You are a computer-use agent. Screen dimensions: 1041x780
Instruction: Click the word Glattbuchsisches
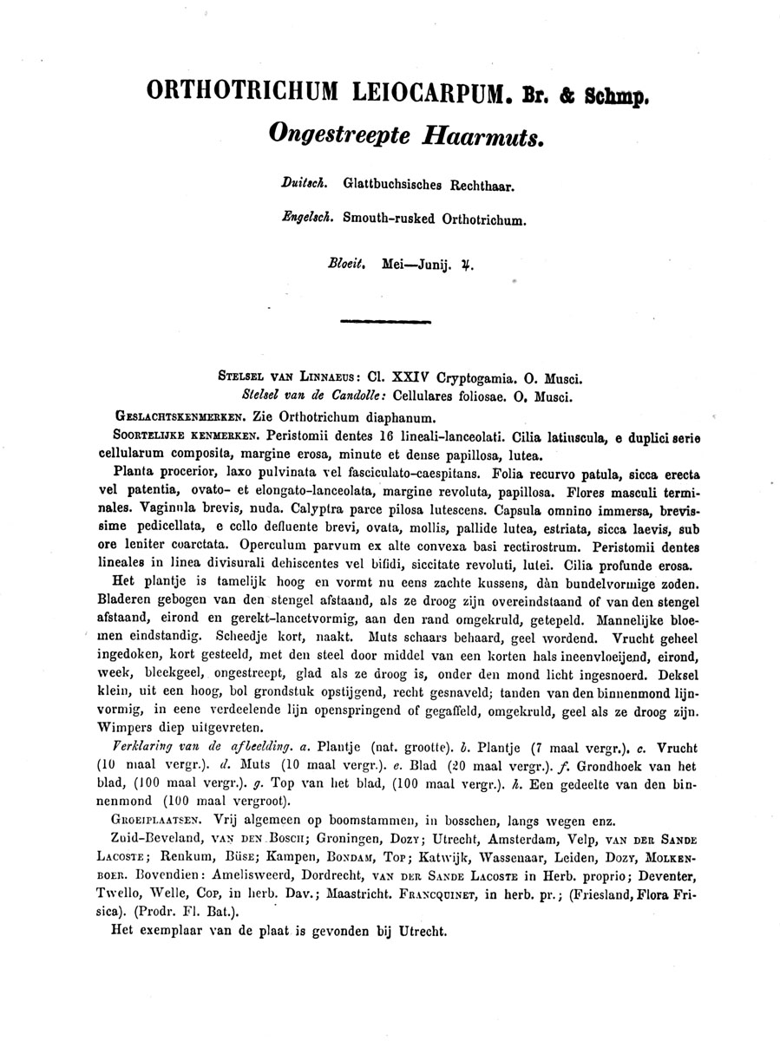(393, 184)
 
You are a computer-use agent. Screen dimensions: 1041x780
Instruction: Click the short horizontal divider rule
(387, 321)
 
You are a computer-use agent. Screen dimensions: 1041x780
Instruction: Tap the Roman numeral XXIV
(412, 378)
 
